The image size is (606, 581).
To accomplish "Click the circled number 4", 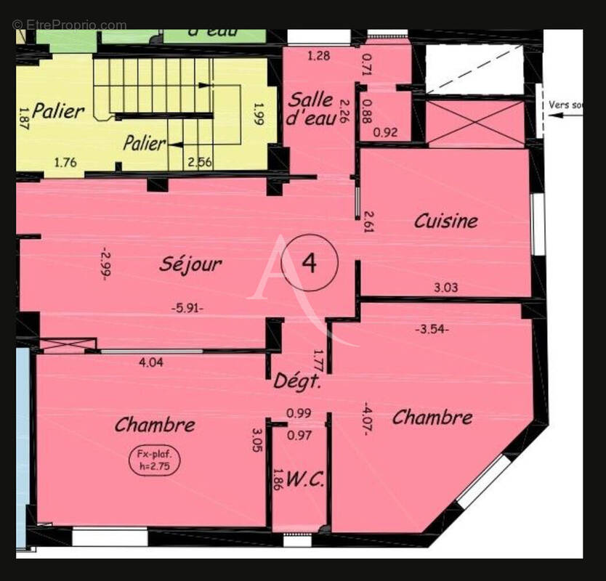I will pos(309,263).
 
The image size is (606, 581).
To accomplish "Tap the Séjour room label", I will pos(190,264).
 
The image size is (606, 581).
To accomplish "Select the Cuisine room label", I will pos(446,221).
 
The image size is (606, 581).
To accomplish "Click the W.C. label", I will pos(304,479).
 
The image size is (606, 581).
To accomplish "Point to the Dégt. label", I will pos(298,381).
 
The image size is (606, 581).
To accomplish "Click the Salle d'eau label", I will pos(310,109).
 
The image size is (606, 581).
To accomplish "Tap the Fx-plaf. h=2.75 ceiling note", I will pos(154,462).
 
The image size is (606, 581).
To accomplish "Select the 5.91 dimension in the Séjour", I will pos(187,307).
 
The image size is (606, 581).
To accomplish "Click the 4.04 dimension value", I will pos(150,362).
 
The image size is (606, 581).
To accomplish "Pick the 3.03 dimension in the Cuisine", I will pos(445,288).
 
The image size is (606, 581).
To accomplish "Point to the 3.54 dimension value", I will pos(432,329).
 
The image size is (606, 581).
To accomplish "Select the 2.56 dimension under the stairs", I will pos(199,162).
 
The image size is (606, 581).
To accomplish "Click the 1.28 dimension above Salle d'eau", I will pos(319,55).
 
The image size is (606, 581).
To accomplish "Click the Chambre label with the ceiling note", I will pos(155,425).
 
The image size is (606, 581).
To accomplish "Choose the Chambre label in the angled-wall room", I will pos(432,418).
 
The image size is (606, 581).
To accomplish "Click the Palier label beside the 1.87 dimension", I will pos(59,111).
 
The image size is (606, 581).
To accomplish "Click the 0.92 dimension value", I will pos(385,133).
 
